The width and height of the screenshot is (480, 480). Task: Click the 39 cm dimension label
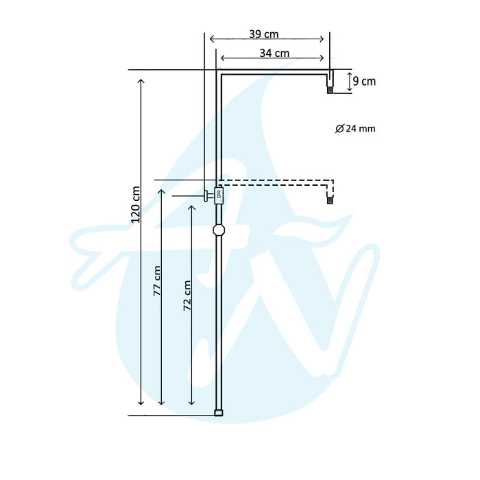[264, 34]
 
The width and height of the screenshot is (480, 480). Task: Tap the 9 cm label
[364, 82]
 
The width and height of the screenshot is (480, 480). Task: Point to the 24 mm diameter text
[360, 128]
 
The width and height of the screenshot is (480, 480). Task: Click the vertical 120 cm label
[136, 204]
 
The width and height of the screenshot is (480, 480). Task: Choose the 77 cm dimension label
[157, 280]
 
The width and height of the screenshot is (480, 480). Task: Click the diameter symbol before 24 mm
[340, 128]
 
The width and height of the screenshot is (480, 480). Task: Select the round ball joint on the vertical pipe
[218, 230]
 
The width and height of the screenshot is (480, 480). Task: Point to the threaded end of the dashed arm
[331, 201]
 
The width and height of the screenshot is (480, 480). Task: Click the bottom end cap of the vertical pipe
[218, 413]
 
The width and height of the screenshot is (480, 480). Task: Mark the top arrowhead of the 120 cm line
[142, 82]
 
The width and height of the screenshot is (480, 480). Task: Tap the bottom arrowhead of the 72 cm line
[192, 400]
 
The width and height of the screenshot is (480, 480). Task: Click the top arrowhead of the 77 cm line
[162, 191]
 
